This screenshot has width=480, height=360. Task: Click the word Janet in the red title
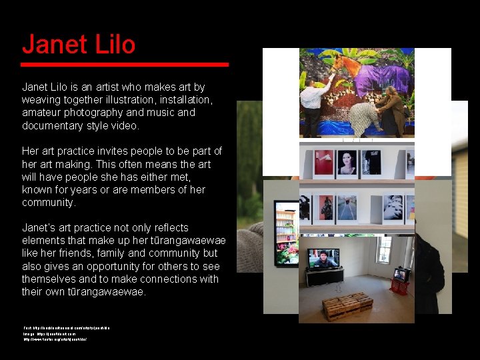tap(55, 45)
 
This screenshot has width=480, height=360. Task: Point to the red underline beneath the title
tap(124, 64)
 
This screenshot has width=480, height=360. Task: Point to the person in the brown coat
tap(393, 110)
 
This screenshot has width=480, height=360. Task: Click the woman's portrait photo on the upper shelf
tap(347, 162)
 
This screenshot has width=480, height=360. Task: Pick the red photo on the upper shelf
tap(323, 162)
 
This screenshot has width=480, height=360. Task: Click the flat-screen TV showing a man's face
tap(323, 258)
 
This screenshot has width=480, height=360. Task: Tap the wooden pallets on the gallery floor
tap(347, 306)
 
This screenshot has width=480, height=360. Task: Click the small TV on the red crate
tap(401, 275)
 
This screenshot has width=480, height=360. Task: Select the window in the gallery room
tap(384, 249)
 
